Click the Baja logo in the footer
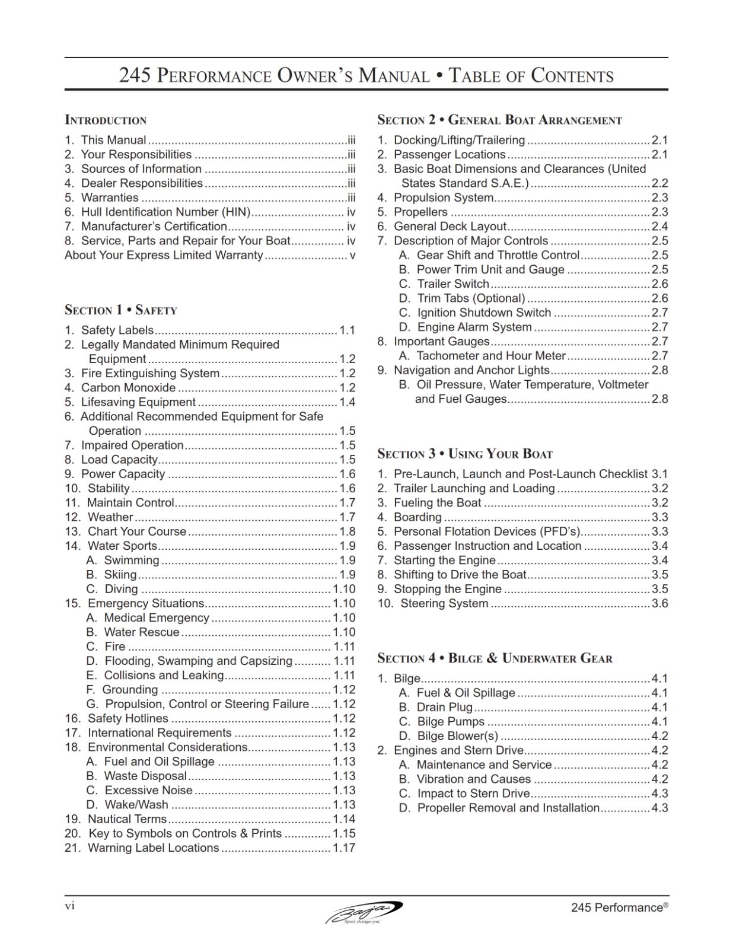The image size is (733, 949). (364, 912)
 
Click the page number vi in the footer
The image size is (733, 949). (69, 906)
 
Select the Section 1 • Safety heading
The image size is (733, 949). (121, 310)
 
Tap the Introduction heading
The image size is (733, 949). (106, 120)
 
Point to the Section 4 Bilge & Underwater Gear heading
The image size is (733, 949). (495, 658)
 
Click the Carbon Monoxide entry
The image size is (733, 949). (128, 388)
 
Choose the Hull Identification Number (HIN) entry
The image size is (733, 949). (165, 212)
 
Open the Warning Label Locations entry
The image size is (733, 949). (153, 848)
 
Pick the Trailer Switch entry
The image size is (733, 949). (453, 284)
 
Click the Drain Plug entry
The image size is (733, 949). (445, 708)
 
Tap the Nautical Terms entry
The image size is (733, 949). (127, 819)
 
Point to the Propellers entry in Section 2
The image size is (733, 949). (420, 212)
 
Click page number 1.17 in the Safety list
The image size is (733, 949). (344, 848)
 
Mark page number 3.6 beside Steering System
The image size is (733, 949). (659, 604)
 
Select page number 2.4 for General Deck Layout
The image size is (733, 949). (659, 227)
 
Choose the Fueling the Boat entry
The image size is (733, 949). (437, 503)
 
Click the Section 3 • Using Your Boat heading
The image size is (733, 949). (465, 454)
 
